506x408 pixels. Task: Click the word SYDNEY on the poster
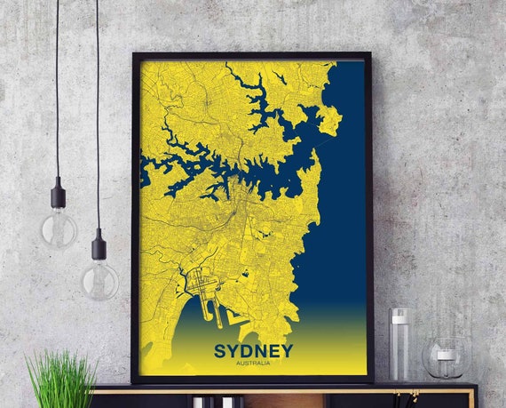tap(253, 351)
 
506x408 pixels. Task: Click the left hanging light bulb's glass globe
tap(59, 228)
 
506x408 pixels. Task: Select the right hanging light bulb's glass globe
tap(100, 279)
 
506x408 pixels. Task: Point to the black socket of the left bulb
tap(59, 195)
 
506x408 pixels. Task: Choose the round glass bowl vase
tap(445, 357)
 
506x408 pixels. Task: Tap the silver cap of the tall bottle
tap(399, 314)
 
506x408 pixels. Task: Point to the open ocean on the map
tap(342, 222)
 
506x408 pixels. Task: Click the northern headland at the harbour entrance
tap(330, 120)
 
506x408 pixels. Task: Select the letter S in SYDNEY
tap(219, 351)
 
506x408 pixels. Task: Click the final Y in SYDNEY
tap(286, 351)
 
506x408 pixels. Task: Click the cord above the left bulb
tap(57, 89)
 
